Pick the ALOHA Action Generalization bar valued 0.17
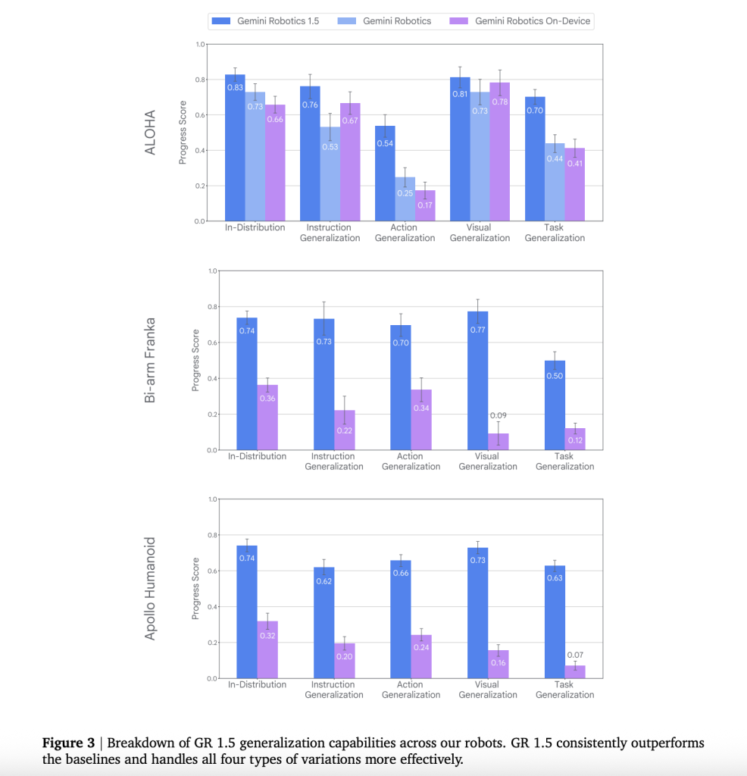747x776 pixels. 425,205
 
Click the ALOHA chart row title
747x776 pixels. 150,134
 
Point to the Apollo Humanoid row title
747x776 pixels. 150,589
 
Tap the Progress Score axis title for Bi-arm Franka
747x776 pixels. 195,360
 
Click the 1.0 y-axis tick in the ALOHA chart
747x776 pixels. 200,45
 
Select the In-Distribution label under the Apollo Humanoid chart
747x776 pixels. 258,684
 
